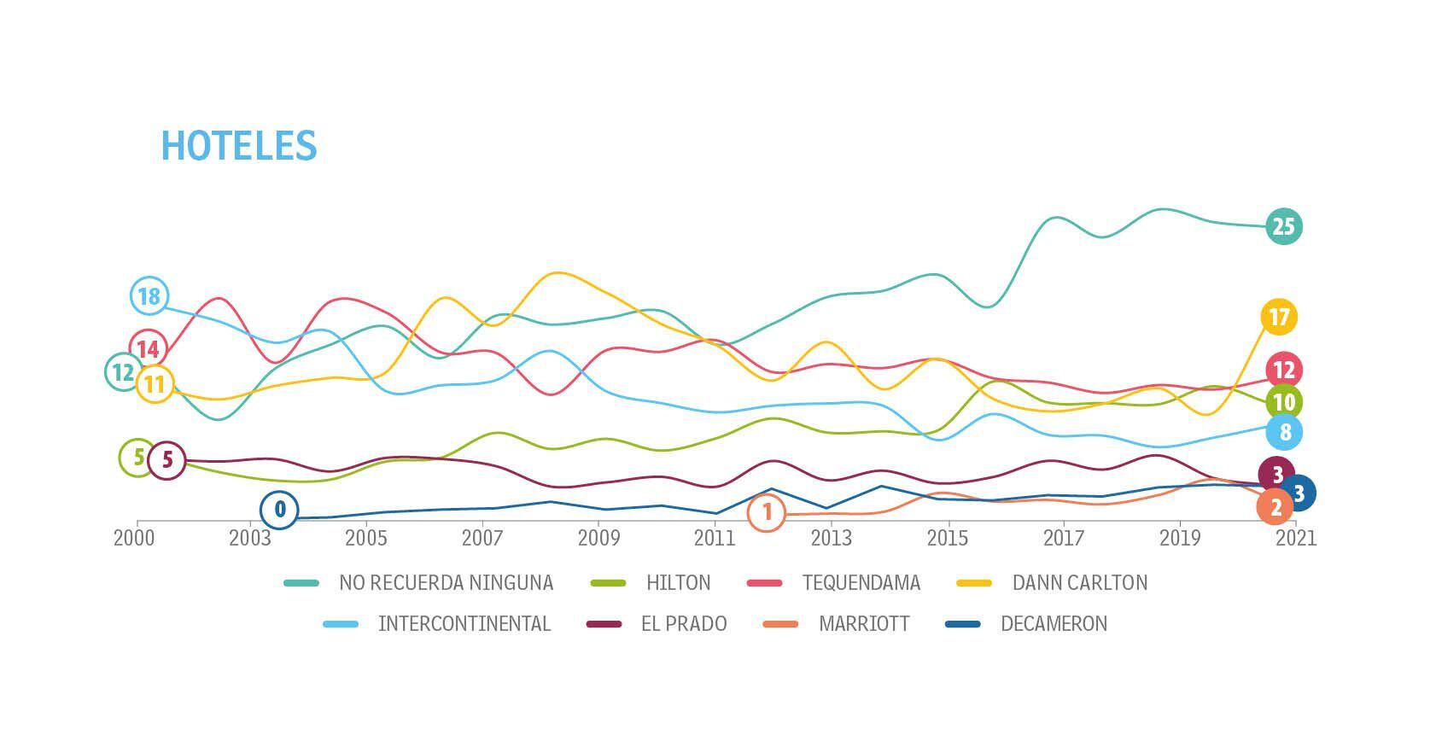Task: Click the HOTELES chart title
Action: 239,146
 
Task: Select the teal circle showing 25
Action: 1283,226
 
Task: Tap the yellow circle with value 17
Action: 1278,318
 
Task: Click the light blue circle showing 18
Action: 149,296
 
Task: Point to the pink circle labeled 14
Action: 148,348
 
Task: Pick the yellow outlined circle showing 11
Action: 155,384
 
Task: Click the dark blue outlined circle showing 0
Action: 279,511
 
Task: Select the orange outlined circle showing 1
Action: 767,512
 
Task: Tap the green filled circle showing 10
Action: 1283,402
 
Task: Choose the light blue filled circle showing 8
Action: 1285,432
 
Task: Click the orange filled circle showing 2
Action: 1275,507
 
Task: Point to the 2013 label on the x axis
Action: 831,539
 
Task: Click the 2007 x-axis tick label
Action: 482,539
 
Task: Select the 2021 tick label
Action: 1296,539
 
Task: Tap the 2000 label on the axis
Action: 134,539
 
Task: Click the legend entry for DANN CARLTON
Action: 1079,583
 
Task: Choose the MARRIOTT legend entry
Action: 864,624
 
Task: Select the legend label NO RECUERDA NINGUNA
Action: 446,583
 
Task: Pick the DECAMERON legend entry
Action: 1054,624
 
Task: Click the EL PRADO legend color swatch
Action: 604,624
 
